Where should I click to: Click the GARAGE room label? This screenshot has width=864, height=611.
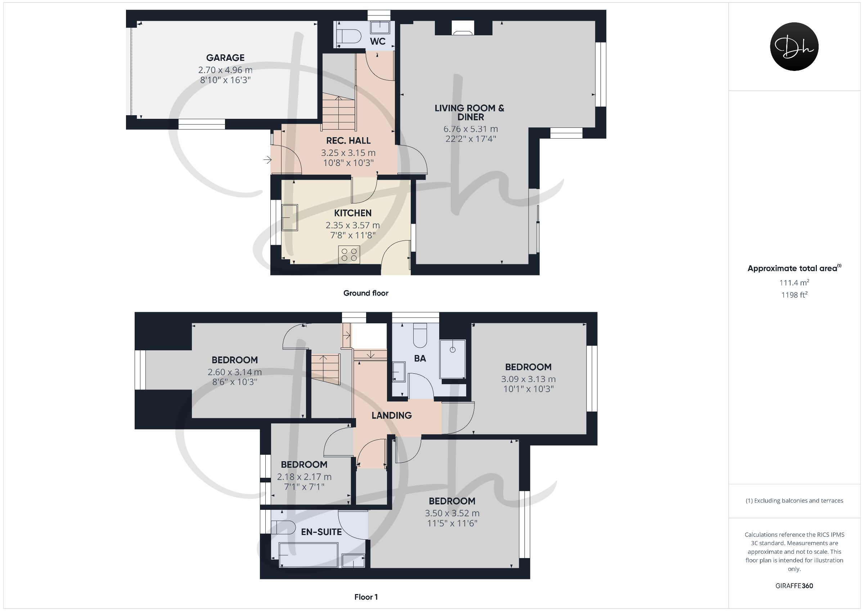point(225,58)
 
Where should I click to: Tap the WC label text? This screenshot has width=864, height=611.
point(377,41)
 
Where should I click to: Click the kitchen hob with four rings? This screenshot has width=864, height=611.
point(349,255)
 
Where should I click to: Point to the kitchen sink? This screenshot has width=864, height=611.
point(290,217)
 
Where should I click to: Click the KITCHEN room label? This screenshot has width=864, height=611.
point(352,213)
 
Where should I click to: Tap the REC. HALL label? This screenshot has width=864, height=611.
point(348,140)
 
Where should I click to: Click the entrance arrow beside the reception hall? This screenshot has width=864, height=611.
point(267,160)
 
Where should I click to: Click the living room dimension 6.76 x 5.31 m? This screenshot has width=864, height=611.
point(471,129)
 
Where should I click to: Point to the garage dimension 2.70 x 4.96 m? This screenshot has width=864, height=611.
point(225,70)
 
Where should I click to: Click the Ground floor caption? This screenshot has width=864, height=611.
point(366,293)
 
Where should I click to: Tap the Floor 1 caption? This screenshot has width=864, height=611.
point(366,597)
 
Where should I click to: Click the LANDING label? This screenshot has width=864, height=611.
point(391,415)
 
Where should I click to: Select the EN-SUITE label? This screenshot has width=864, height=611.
point(321,532)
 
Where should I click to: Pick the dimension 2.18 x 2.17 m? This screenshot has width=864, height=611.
point(304,477)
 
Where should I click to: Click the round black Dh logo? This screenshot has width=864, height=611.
point(794,46)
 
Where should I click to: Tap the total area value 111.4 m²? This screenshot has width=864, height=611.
point(794,282)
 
